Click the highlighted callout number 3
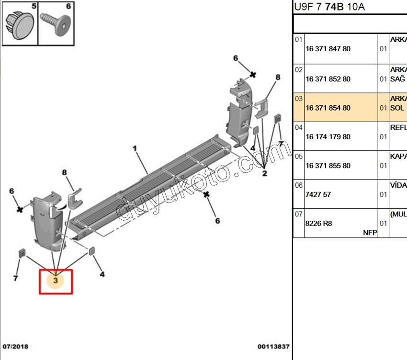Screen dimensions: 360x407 pyautogui.click(x=56, y=281)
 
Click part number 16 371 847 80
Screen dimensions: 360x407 pyautogui.click(x=328, y=49)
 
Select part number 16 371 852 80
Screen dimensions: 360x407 pyautogui.click(x=328, y=79)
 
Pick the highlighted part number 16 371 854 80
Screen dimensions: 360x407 pyautogui.click(x=328, y=108)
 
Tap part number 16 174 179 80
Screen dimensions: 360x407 pyautogui.click(x=328, y=137)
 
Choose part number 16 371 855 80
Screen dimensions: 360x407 pyautogui.click(x=328, y=166)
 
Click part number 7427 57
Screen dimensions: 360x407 pyautogui.click(x=318, y=195)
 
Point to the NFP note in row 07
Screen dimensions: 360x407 pyautogui.click(x=370, y=233)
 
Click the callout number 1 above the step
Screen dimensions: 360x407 pyautogui.click(x=135, y=148)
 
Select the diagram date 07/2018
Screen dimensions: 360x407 pyautogui.click(x=16, y=346)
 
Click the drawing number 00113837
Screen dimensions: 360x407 pyautogui.click(x=273, y=346)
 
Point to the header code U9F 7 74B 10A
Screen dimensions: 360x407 pyautogui.click(x=329, y=7)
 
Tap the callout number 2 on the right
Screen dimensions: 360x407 pyautogui.click(x=264, y=173)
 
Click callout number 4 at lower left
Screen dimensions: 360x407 pyautogui.click(x=102, y=274)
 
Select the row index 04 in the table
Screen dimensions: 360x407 pyautogui.click(x=298, y=127)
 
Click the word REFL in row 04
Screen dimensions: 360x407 pyautogui.click(x=398, y=127)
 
